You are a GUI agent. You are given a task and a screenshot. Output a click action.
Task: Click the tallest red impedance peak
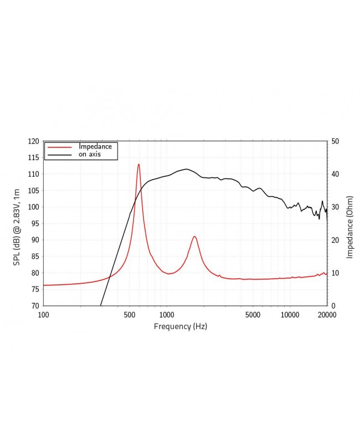point(138,164)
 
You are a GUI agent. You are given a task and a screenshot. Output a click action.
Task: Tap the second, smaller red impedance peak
point(194,237)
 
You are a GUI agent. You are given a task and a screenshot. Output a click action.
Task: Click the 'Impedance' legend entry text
point(95,147)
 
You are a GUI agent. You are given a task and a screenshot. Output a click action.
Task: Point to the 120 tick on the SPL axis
point(33,141)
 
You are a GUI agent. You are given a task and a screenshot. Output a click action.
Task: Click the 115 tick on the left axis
point(33,158)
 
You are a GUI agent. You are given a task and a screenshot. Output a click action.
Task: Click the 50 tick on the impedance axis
point(335,141)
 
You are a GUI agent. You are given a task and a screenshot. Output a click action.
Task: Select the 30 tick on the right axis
point(335,207)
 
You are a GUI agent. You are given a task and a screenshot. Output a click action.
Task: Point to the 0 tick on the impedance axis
point(333,306)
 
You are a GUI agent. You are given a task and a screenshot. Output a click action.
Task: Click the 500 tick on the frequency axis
point(130,314)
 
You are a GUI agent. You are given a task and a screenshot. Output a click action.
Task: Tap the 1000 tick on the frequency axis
point(166,314)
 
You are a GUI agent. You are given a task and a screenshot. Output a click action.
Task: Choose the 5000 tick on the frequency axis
point(253,314)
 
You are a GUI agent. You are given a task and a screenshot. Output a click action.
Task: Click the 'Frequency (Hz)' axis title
point(180,326)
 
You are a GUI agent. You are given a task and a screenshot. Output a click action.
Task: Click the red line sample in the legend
point(60,147)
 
